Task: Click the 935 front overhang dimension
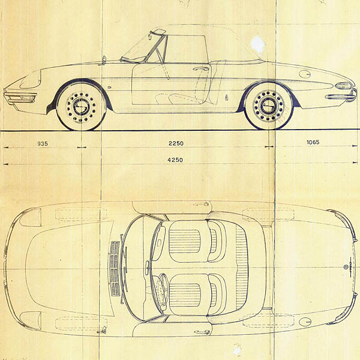click(x=42, y=143)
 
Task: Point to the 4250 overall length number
click(x=175, y=160)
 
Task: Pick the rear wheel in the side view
click(x=268, y=106)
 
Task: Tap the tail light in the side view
click(x=343, y=86)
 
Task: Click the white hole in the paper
click(x=258, y=43)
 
